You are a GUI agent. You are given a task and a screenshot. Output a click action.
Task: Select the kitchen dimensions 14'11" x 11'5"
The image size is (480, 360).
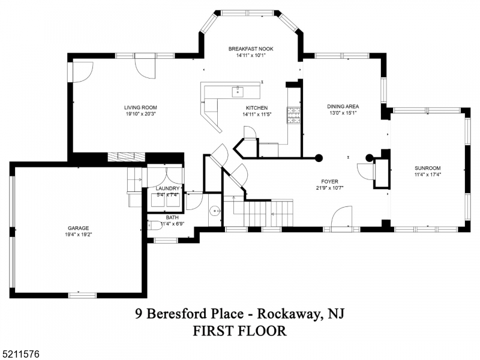click(257, 114)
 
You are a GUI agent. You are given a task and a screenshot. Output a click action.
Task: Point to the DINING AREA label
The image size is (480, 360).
click(343, 106)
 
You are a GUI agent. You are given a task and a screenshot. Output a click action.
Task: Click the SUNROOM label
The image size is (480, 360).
click(427, 168)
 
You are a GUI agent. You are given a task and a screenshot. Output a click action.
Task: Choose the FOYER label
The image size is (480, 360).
click(329, 181)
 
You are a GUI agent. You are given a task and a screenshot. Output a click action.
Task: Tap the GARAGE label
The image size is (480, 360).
click(78, 228)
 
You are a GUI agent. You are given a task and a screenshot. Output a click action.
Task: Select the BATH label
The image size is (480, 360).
click(172, 218)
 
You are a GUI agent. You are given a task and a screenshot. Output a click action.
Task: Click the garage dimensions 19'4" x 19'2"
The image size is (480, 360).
click(78, 235)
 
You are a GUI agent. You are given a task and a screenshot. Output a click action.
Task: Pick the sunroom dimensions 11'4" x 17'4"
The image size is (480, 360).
click(427, 175)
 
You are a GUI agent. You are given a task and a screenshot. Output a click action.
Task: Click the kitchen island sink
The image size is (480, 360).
click(237, 92)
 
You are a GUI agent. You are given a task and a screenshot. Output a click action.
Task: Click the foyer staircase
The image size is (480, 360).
click(258, 213)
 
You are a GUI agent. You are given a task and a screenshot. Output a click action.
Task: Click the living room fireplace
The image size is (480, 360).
click(127, 157)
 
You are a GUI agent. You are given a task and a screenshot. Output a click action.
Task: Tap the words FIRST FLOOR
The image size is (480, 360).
click(239, 331)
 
